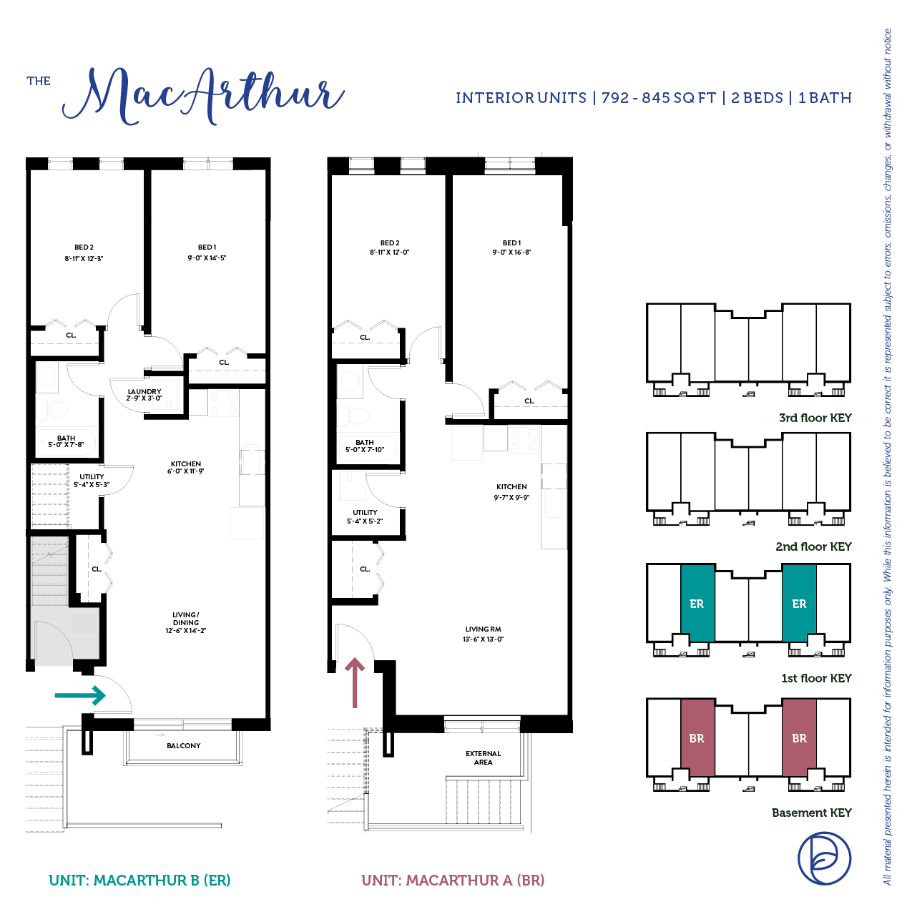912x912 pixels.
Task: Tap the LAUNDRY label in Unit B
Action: click(144, 392)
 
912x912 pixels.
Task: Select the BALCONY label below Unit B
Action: click(184, 745)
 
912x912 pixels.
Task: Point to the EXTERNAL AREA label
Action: click(484, 757)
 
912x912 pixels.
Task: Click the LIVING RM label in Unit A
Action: click(484, 629)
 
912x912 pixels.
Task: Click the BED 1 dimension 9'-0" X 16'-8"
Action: click(511, 252)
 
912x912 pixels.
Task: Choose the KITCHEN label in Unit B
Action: click(186, 464)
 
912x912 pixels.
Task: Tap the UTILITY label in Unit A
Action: click(365, 513)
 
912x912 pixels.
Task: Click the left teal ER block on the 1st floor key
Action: click(697, 603)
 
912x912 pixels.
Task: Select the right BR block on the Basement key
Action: click(799, 737)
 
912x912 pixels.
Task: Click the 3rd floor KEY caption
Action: click(815, 418)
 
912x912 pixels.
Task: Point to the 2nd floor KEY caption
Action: click(813, 546)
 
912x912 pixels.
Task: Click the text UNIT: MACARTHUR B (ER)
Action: click(139, 881)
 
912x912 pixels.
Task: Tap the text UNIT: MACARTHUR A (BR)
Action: click(453, 881)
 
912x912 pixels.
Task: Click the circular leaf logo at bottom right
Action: click(824, 858)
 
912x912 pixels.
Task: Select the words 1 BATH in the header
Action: click(825, 98)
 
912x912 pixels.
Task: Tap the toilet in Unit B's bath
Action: click(57, 410)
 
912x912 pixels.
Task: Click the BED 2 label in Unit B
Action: click(84, 247)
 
